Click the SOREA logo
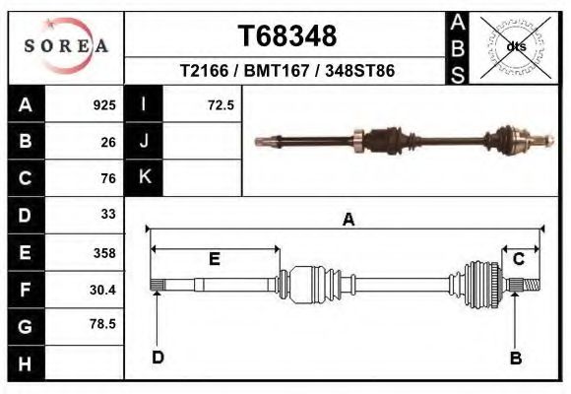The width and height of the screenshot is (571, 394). pos(65,45)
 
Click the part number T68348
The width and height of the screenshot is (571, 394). pos(287,36)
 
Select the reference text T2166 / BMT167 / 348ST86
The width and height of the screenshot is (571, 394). pos(287,72)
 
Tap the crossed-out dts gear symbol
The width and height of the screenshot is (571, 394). pos(516,45)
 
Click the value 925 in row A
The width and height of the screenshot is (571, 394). pos(103,105)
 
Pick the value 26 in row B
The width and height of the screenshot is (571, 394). pos(108,142)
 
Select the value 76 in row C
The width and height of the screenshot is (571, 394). pos(108,178)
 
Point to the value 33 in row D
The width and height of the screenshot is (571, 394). pos(108,214)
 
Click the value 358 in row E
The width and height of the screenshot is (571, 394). pos(103,253)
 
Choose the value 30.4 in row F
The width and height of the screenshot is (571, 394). pos(102,290)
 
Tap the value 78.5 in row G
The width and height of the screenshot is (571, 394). pos(102,324)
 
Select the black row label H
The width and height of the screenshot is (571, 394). pos(26,363)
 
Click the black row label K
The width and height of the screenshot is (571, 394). pos(144,177)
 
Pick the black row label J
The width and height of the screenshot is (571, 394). pos(144,141)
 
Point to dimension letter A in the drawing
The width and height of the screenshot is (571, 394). pos(348,221)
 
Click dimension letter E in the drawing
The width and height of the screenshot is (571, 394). pos(215,259)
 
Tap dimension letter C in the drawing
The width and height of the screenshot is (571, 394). pos(518,259)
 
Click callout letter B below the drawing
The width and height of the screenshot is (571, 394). pos(515,358)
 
